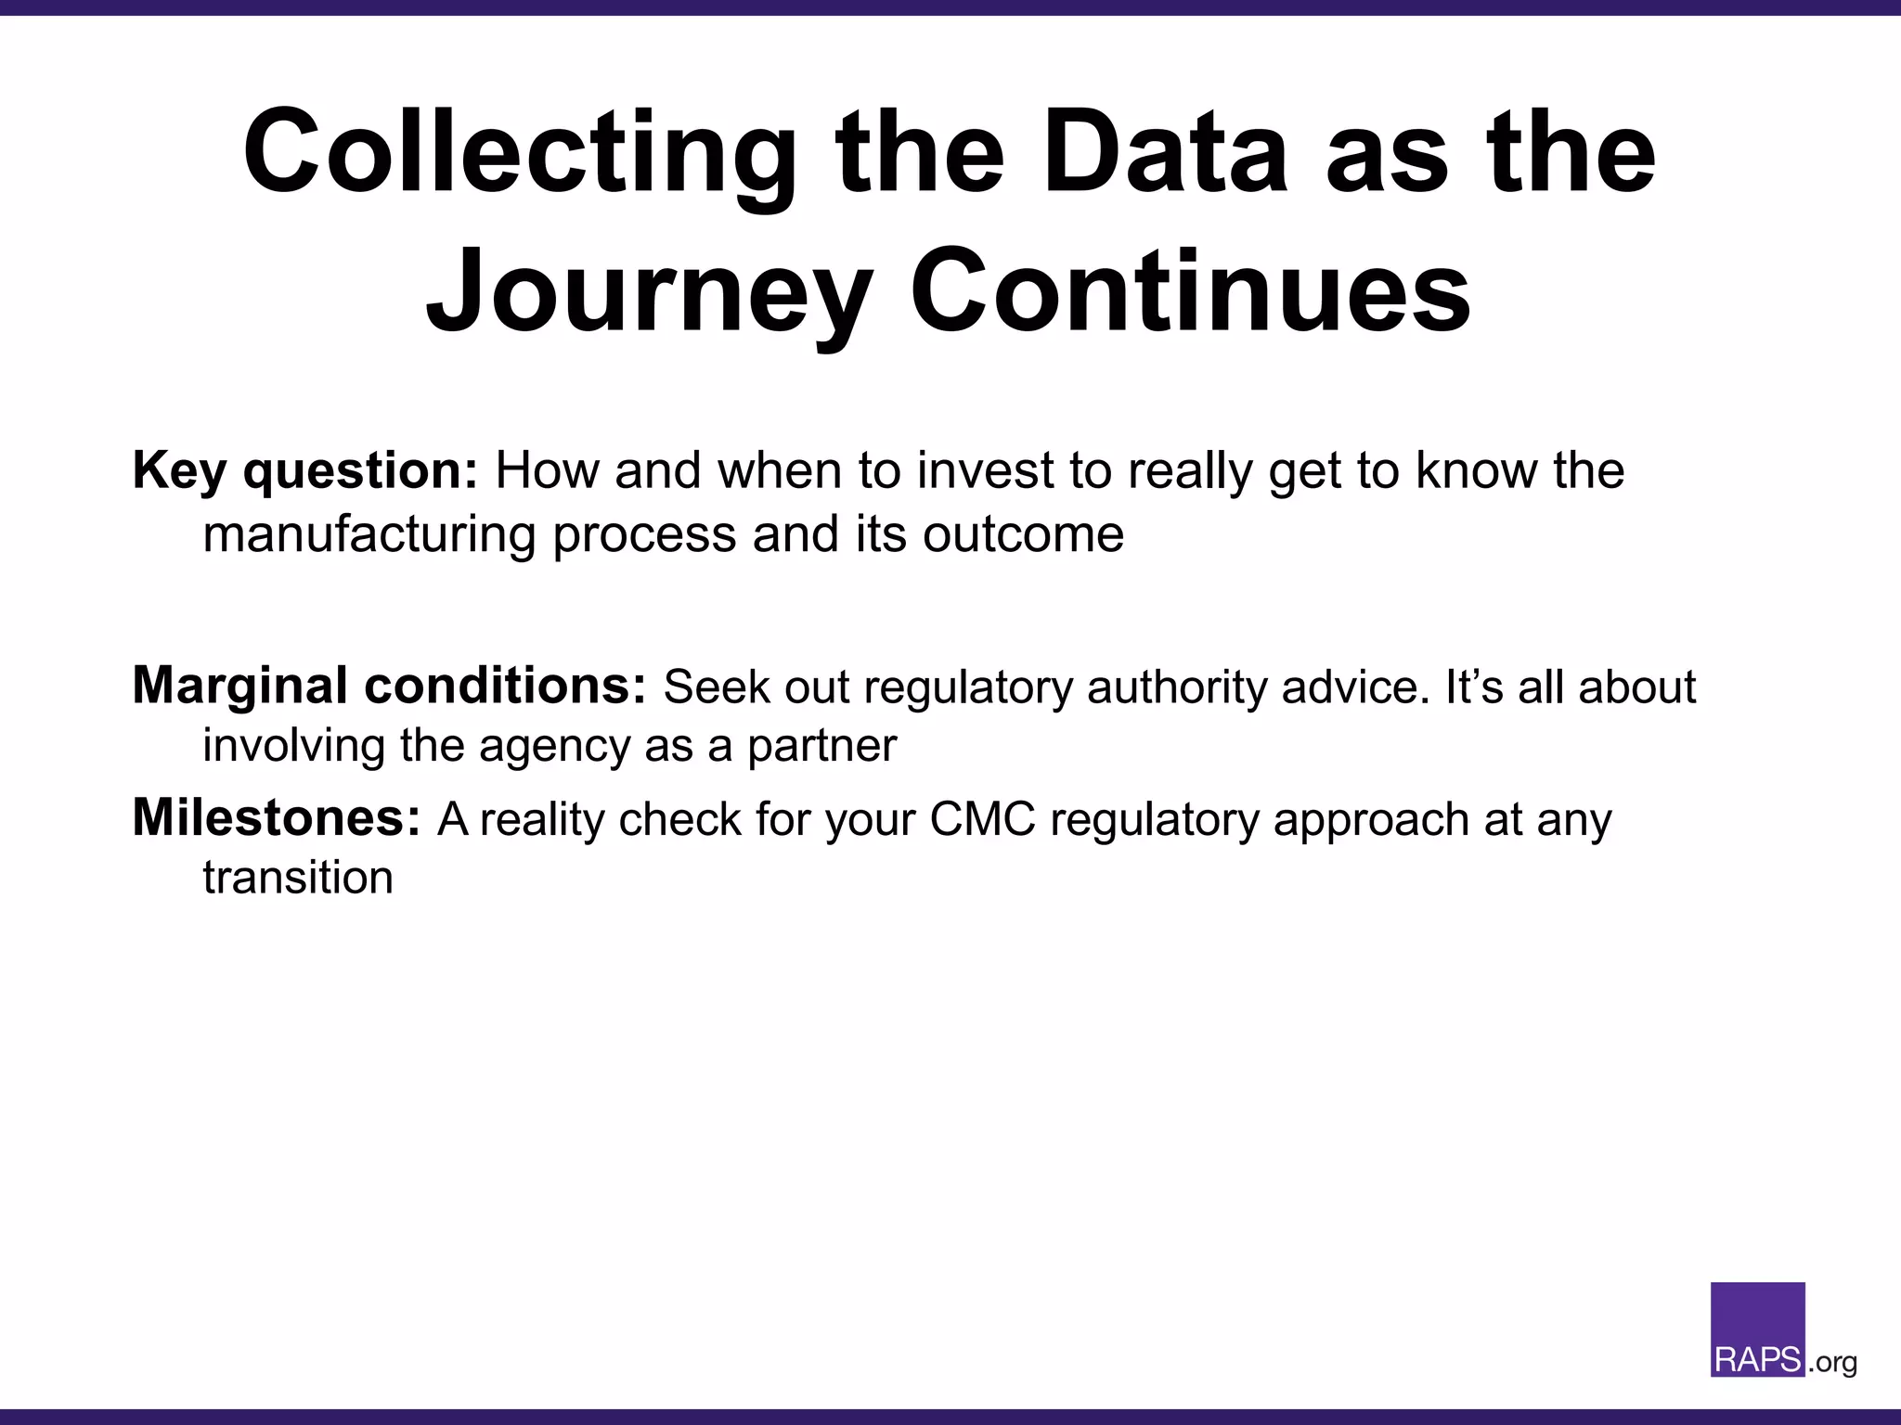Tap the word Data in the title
click(1165, 153)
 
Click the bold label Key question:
click(304, 471)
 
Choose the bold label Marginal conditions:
click(389, 687)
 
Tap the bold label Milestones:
click(277, 818)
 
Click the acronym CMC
click(982, 820)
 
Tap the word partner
click(822, 746)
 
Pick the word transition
click(298, 878)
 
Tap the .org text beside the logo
click(1832, 1362)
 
